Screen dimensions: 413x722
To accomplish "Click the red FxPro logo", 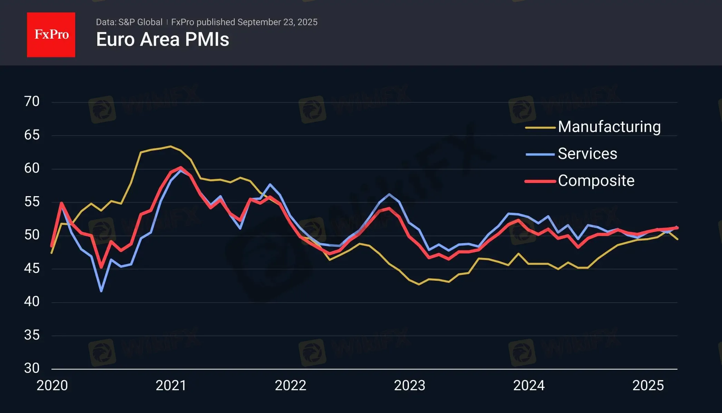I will pyautogui.click(x=51, y=35).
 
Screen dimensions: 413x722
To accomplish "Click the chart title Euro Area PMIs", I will pyautogui.click(x=163, y=39).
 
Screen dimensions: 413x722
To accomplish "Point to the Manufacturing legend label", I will pyautogui.click(x=609, y=127).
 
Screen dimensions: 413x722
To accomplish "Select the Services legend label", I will pyautogui.click(x=587, y=154).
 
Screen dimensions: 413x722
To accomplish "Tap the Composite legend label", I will pyautogui.click(x=596, y=181).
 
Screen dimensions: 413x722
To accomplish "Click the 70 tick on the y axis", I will pyautogui.click(x=32, y=102).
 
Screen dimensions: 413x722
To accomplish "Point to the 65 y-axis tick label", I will pyautogui.click(x=32, y=135).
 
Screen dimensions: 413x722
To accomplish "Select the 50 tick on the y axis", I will pyautogui.click(x=32, y=235).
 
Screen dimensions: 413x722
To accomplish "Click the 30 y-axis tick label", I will pyautogui.click(x=32, y=368).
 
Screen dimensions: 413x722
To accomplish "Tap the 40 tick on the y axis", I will pyautogui.click(x=32, y=302).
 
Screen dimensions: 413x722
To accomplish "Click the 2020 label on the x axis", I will pyautogui.click(x=52, y=386).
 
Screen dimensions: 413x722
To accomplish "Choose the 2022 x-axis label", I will pyautogui.click(x=290, y=386).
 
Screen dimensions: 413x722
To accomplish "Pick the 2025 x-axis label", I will pyautogui.click(x=648, y=386).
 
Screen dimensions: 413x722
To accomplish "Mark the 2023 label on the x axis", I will pyautogui.click(x=410, y=386).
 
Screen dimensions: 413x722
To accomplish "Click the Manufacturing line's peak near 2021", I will pyautogui.click(x=170, y=146).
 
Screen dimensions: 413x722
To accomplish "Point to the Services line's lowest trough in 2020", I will pyautogui.click(x=101, y=291).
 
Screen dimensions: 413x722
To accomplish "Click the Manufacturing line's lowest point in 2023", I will pyautogui.click(x=419, y=285).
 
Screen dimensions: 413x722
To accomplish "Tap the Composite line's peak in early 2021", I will pyautogui.click(x=180, y=167).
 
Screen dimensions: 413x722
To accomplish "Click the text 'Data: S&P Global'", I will pyautogui.click(x=129, y=22).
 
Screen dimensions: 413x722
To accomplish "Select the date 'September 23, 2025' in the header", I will pyautogui.click(x=277, y=22).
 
